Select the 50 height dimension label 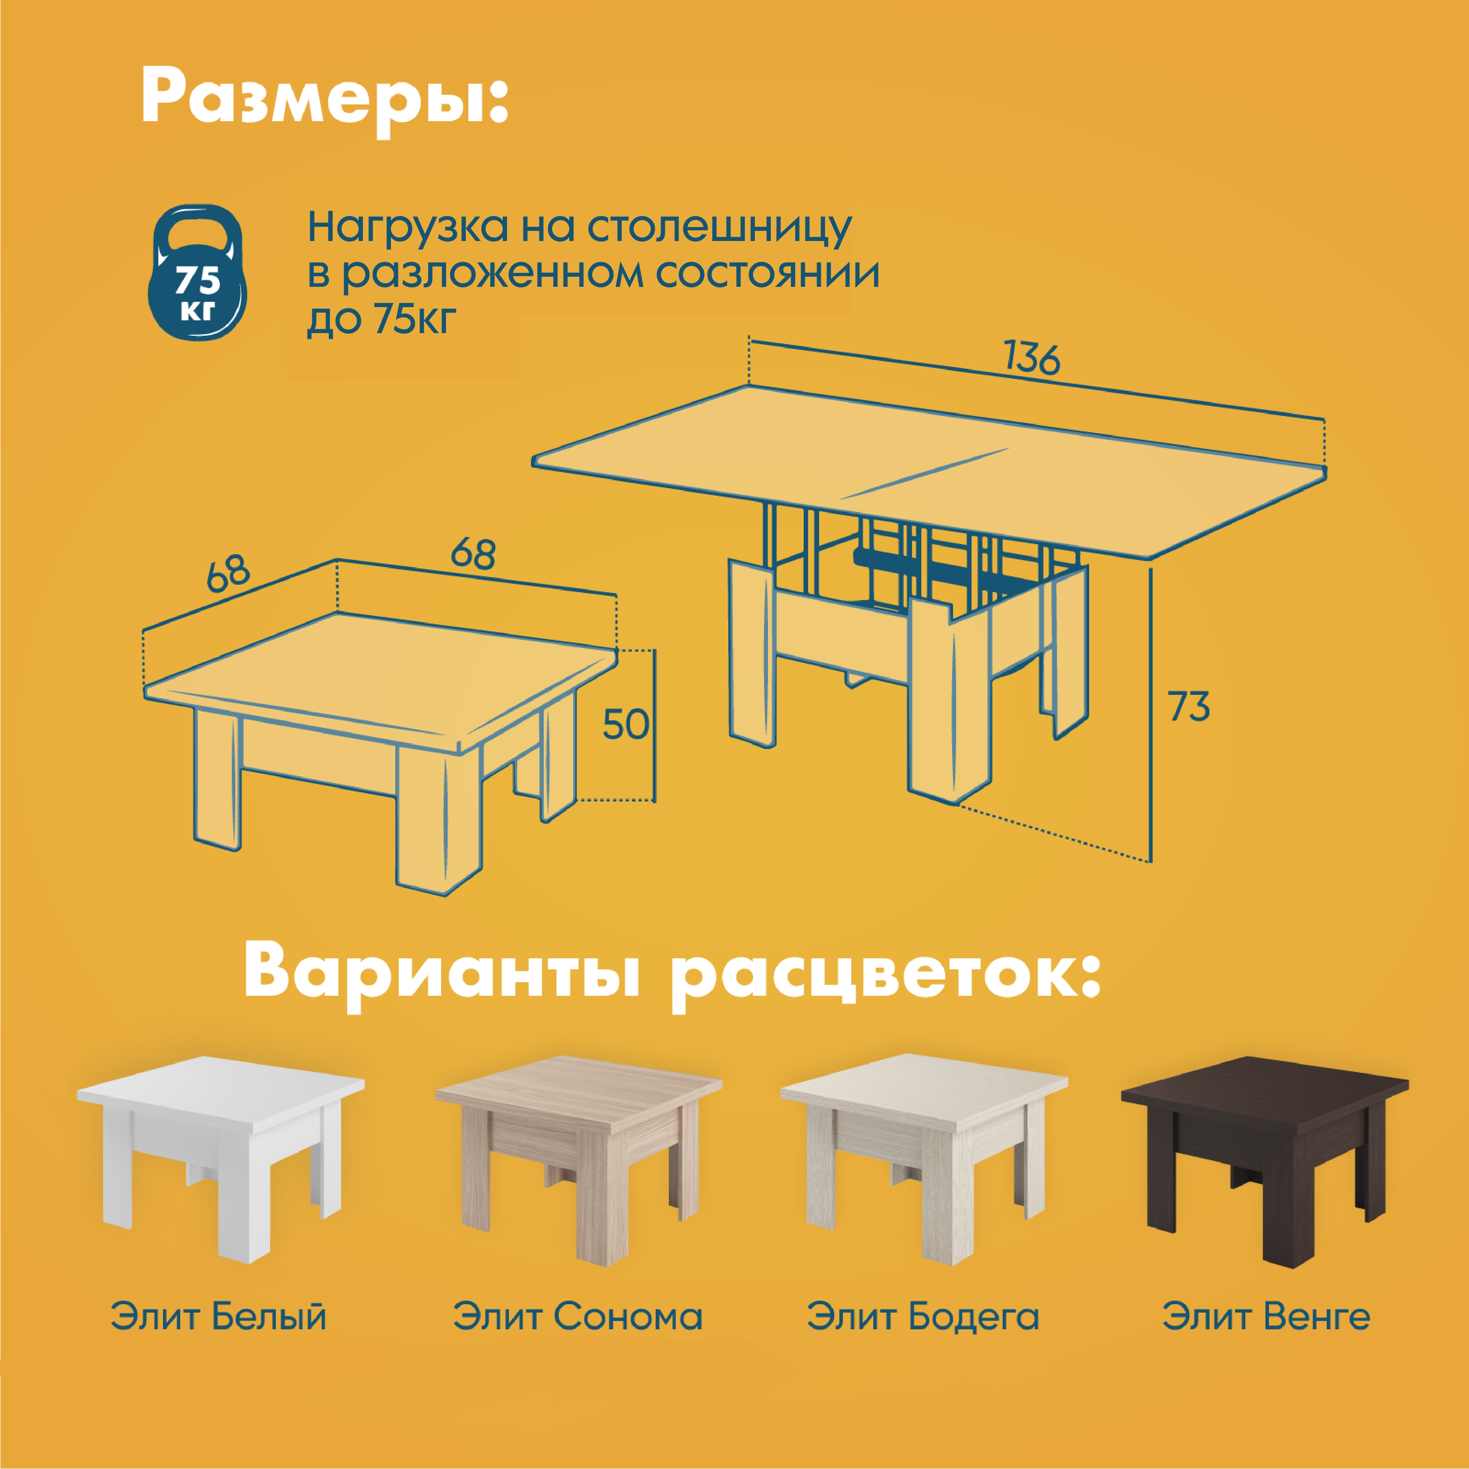coord(625,725)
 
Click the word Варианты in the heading coord(441,977)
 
